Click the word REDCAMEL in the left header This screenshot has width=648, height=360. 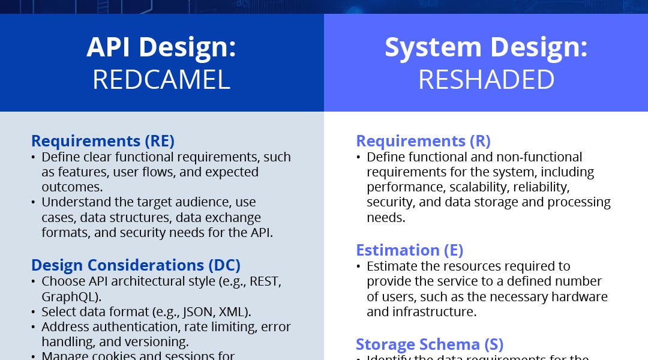(161, 80)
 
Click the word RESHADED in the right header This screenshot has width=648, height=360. (486, 80)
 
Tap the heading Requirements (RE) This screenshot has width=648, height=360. (103, 141)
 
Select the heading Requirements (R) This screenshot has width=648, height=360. (423, 141)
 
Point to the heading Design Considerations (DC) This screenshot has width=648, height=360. (136, 265)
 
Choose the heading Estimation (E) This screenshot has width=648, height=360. (409, 250)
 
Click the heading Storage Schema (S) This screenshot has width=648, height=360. (429, 344)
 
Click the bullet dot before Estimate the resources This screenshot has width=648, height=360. (359, 266)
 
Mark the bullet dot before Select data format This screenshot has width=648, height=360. (33, 312)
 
